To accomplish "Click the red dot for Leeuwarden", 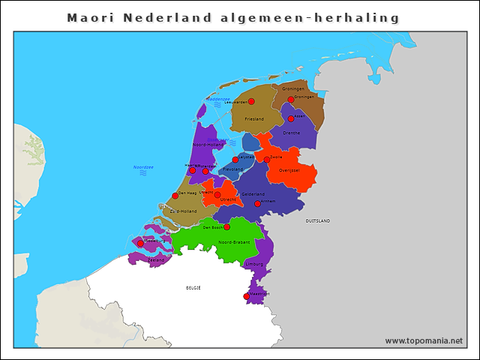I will click(x=251, y=101).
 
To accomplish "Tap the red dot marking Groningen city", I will click(x=291, y=99).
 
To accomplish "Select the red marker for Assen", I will click(x=291, y=118).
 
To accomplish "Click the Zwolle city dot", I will click(x=266, y=159).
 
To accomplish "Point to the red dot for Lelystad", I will click(x=235, y=159).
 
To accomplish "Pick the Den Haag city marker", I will click(x=175, y=196).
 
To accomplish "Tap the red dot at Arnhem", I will click(x=257, y=203).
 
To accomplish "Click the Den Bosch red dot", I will click(x=226, y=226).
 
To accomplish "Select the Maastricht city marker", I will click(x=246, y=296).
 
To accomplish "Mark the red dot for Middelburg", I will click(x=140, y=243).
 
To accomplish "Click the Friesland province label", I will click(x=255, y=118).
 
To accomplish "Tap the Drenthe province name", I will click(x=291, y=133).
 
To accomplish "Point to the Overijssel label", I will click(x=289, y=170).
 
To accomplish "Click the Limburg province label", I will click(x=255, y=264).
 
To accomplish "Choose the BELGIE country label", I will click(x=193, y=287).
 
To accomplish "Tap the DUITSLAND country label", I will click(x=317, y=221).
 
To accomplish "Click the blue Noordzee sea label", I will click(x=142, y=166).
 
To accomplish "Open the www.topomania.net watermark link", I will click(x=423, y=340).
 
